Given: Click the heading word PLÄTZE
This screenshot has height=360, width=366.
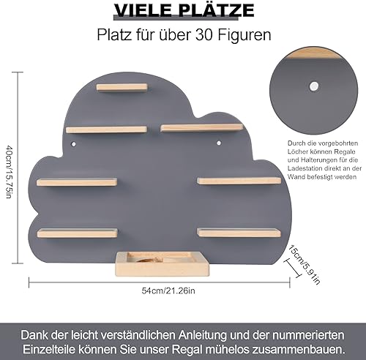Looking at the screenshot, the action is (x=214, y=10).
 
